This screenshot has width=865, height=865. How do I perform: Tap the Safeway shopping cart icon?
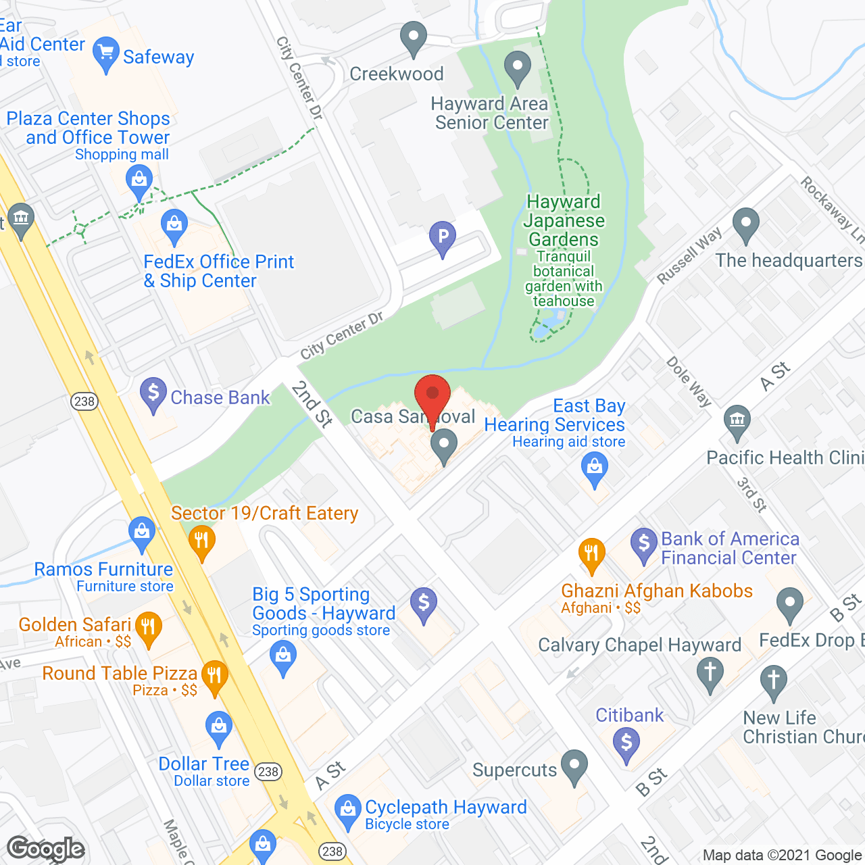[x=105, y=54]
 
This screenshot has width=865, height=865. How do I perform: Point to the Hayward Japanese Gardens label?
[x=564, y=221]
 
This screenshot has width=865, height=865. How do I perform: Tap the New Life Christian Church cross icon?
[x=773, y=680]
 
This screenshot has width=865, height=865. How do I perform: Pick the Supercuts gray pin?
[x=574, y=766]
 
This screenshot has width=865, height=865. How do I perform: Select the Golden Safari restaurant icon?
[x=148, y=627]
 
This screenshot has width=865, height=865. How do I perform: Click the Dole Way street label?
[x=689, y=381]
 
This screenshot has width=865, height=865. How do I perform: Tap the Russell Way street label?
[x=689, y=256]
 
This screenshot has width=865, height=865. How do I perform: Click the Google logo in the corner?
[x=46, y=849]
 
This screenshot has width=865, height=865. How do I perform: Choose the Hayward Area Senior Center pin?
[x=518, y=68]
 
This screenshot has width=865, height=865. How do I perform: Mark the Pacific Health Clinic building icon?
[x=737, y=420]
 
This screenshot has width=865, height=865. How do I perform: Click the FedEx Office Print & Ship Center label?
[x=219, y=271]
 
